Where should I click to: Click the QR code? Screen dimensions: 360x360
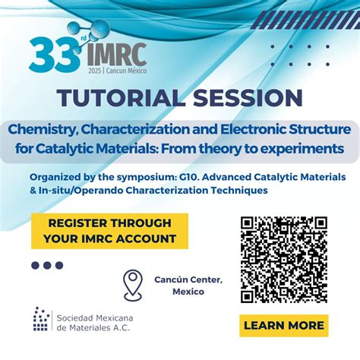(x=284, y=260)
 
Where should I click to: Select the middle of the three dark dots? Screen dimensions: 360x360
(x=47, y=265)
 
